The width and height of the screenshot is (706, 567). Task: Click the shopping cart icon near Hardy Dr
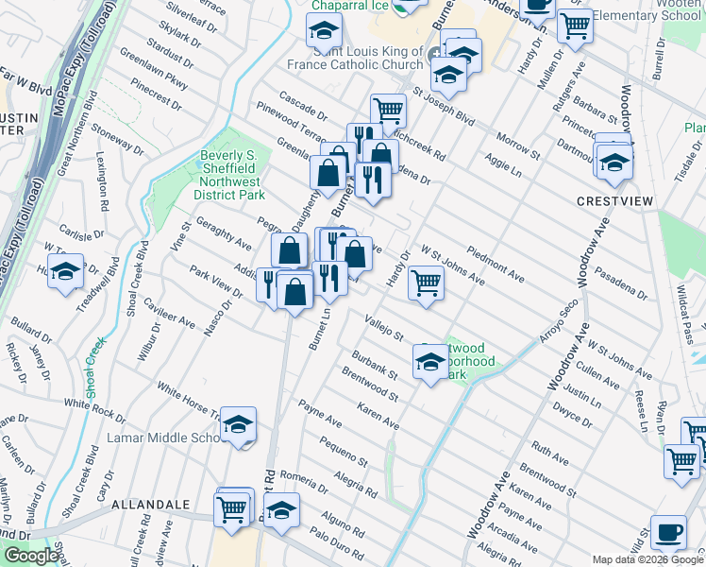(x=426, y=283)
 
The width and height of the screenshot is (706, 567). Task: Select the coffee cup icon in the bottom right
(x=668, y=532)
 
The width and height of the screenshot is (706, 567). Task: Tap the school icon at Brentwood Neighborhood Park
(x=430, y=363)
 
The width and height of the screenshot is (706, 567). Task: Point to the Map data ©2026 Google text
(x=647, y=559)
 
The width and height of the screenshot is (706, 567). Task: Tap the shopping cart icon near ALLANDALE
(x=231, y=508)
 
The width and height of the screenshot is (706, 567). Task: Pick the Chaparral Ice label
(x=351, y=6)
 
